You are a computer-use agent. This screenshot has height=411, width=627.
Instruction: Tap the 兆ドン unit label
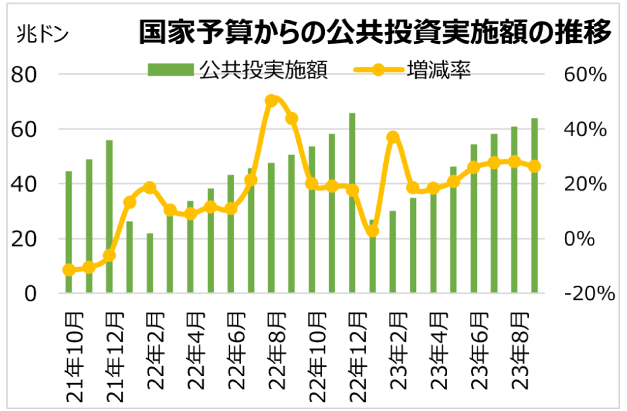tap(42, 32)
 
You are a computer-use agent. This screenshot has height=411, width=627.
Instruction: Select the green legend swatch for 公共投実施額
tap(170, 69)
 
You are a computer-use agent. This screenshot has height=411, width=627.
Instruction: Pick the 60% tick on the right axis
tap(586, 75)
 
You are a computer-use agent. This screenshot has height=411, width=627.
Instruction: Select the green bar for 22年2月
tap(150, 263)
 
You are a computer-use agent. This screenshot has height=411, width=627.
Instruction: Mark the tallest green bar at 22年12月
tap(352, 202)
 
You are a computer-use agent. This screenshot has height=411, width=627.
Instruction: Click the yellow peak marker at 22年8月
tap(272, 101)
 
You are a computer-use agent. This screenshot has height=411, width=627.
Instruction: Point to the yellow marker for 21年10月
tap(69, 270)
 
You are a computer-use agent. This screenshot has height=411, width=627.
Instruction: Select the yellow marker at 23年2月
tap(393, 137)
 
